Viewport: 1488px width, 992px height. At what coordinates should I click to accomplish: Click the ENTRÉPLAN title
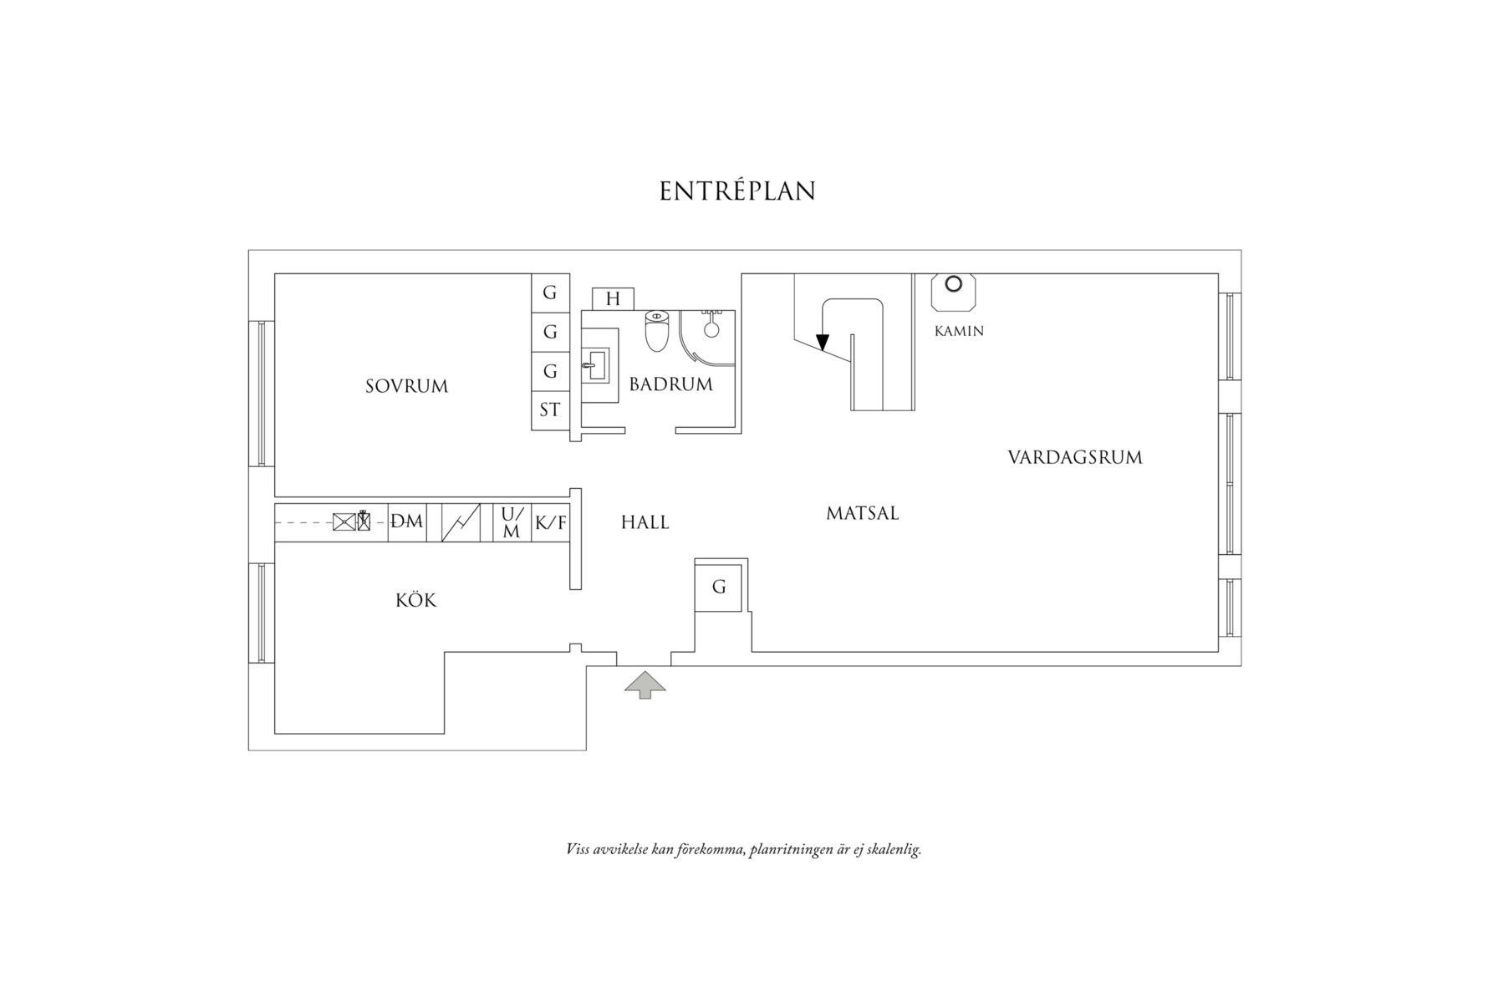coord(737,191)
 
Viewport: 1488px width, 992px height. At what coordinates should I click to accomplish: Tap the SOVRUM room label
coord(406,386)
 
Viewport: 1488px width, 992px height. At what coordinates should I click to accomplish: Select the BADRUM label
coord(670,384)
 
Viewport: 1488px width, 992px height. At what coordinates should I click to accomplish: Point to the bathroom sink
coord(599,365)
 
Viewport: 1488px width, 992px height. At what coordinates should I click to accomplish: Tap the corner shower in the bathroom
coord(707,335)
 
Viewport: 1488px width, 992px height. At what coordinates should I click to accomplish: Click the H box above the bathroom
coord(613,299)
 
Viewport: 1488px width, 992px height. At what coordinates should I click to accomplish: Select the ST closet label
coord(550,410)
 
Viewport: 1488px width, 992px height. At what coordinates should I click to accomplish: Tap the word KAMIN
coord(959,331)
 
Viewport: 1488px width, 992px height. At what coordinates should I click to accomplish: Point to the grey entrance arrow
coord(645,684)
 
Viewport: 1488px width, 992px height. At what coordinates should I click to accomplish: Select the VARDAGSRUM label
coord(1074,458)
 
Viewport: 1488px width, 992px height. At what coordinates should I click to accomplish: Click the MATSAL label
coord(862,513)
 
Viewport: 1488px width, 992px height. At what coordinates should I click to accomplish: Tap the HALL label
coord(645,523)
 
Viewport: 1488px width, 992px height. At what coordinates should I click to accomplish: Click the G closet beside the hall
coord(719,588)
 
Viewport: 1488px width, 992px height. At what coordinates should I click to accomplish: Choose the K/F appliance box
coord(550,523)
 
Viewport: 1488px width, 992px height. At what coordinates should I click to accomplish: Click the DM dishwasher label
coord(407,521)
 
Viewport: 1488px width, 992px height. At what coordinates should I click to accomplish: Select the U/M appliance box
coord(512,523)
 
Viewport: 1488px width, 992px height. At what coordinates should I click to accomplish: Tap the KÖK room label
coord(415,601)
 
